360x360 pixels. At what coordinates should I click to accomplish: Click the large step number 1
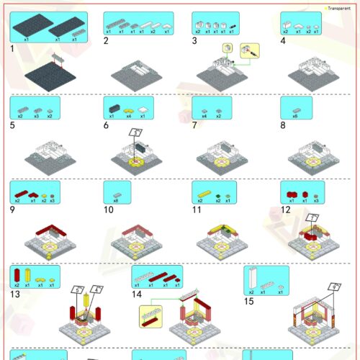[13, 49]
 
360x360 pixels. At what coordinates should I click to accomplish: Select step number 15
[249, 301]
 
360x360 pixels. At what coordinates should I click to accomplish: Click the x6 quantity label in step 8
[295, 115]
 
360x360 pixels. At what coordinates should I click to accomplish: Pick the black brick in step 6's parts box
[112, 107]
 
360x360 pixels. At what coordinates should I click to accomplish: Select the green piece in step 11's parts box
[215, 193]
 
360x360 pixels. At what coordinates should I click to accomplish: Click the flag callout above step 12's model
[312, 217]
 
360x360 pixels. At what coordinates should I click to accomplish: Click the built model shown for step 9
[48, 242]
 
